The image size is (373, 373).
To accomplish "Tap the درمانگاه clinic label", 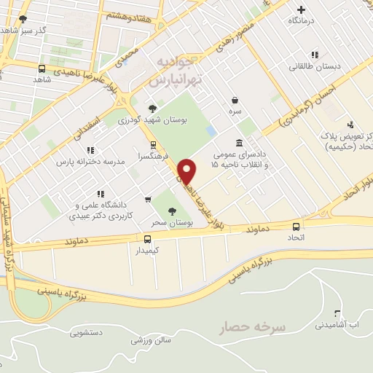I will tap(303, 21).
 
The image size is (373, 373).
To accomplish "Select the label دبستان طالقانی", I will tap(315, 66).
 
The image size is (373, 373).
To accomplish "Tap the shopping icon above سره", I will tap(235, 100).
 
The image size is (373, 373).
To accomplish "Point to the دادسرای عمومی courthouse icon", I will tap(239, 143).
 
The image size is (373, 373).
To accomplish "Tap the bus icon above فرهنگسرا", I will tap(153, 144).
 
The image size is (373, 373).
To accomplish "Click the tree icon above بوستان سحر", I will tap(171, 211).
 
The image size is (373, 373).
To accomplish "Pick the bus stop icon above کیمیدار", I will tap(148, 238).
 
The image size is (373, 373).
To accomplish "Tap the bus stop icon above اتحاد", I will tap(296, 226).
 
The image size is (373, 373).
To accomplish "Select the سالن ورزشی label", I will tap(152, 339).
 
